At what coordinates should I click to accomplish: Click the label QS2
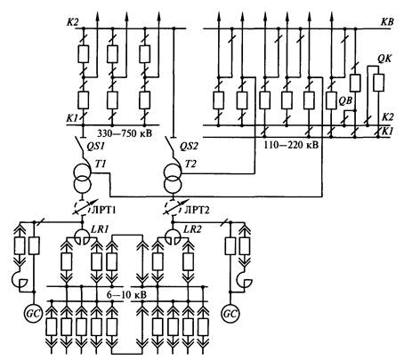(190, 146)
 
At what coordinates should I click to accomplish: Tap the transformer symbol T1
(82, 179)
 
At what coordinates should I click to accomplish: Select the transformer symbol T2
(173, 179)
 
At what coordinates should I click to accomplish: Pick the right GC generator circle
(230, 314)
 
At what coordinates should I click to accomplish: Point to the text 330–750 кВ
(125, 133)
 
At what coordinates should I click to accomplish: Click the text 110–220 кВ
(291, 145)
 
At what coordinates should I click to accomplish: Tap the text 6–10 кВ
(127, 295)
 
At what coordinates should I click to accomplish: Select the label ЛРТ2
(197, 210)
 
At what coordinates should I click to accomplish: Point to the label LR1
(101, 229)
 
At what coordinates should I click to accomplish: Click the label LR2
(193, 229)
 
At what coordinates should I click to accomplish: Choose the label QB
(345, 100)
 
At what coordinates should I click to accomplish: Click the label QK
(384, 59)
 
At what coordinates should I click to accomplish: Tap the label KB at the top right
(387, 22)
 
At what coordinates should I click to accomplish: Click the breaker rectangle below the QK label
(378, 83)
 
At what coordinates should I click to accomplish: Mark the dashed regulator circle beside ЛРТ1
(83, 206)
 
